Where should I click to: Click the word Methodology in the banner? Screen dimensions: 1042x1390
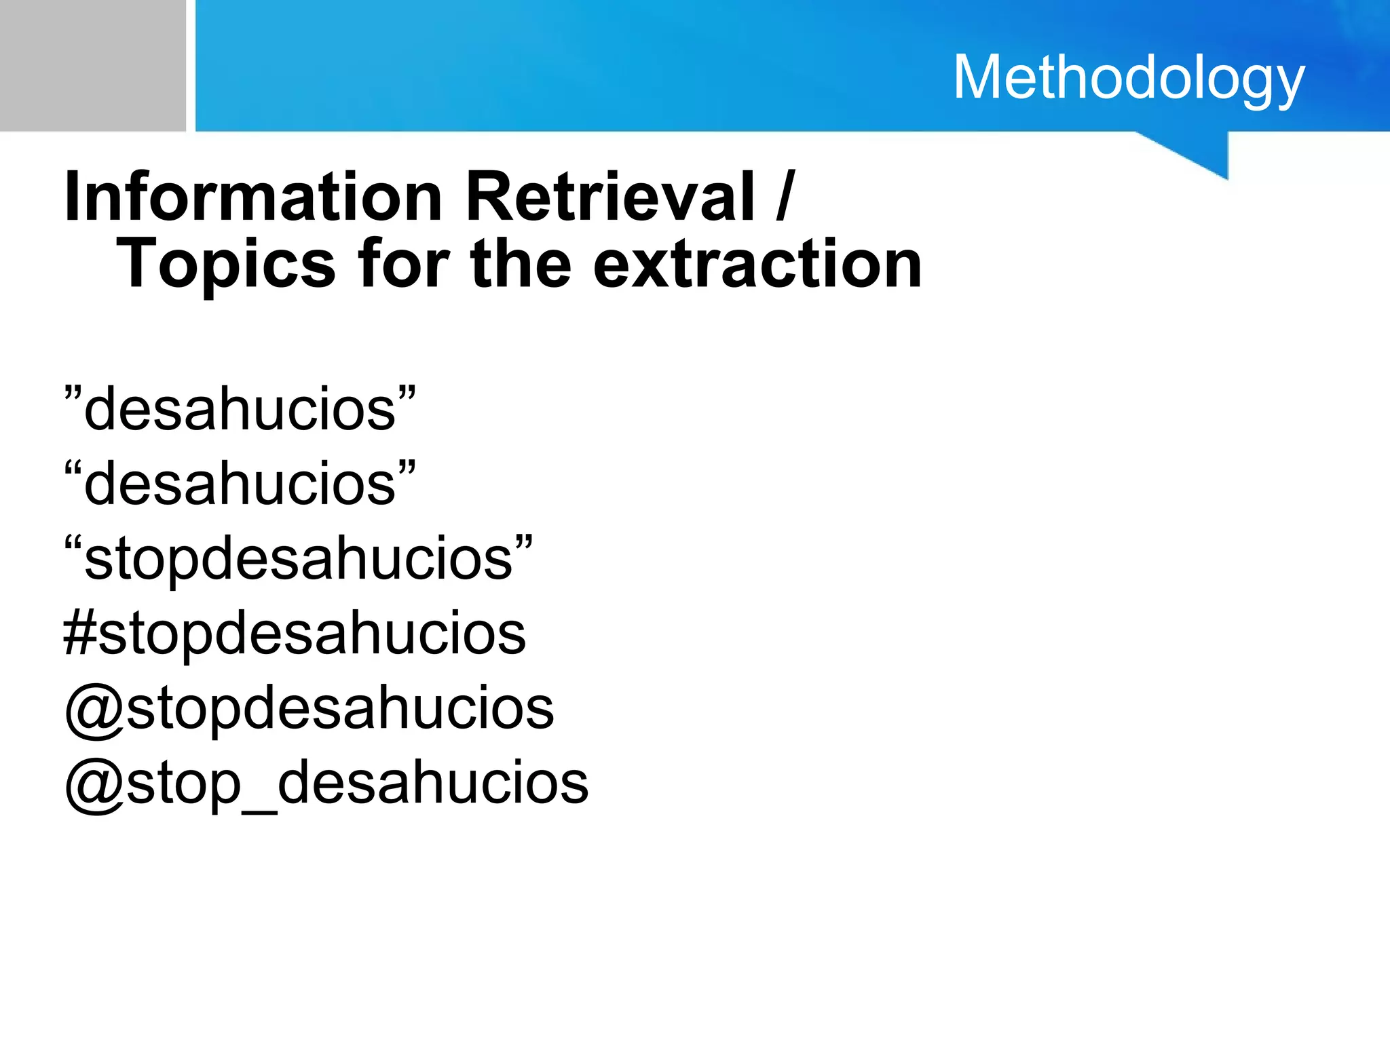1129,79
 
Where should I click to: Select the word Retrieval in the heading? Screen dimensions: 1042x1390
609,197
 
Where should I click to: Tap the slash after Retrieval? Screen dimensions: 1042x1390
785,197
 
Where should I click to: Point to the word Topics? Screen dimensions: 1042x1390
226,265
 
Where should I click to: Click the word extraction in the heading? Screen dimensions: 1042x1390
757,265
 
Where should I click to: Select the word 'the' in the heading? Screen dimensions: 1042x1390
521,265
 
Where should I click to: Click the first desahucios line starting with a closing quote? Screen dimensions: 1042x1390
240,409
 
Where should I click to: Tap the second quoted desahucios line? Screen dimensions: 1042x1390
240,484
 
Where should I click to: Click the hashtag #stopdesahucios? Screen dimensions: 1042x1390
295,634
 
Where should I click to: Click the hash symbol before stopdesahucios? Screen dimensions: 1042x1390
80,634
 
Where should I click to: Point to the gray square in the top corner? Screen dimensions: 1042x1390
92,65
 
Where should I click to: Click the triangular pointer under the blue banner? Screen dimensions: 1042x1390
1202,153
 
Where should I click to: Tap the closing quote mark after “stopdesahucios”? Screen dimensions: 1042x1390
523,543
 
